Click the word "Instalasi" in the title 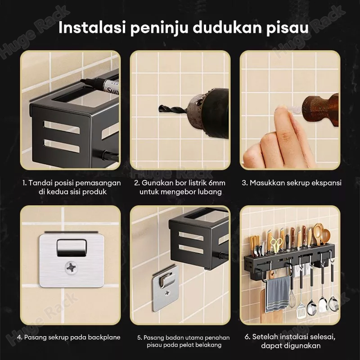(x=92, y=27)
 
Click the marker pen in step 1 (x=100, y=85)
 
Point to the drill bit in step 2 (x=174, y=110)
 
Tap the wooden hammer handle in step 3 (x=321, y=109)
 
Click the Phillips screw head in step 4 (x=72, y=268)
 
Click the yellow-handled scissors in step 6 (x=275, y=244)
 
